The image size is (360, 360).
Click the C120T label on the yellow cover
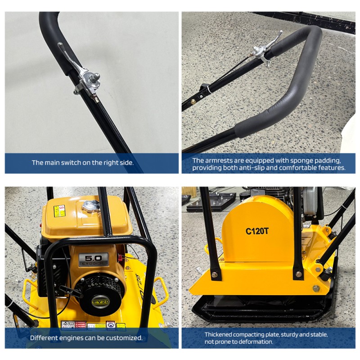tap(257, 231)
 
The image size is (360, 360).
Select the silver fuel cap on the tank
tap(92, 206)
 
